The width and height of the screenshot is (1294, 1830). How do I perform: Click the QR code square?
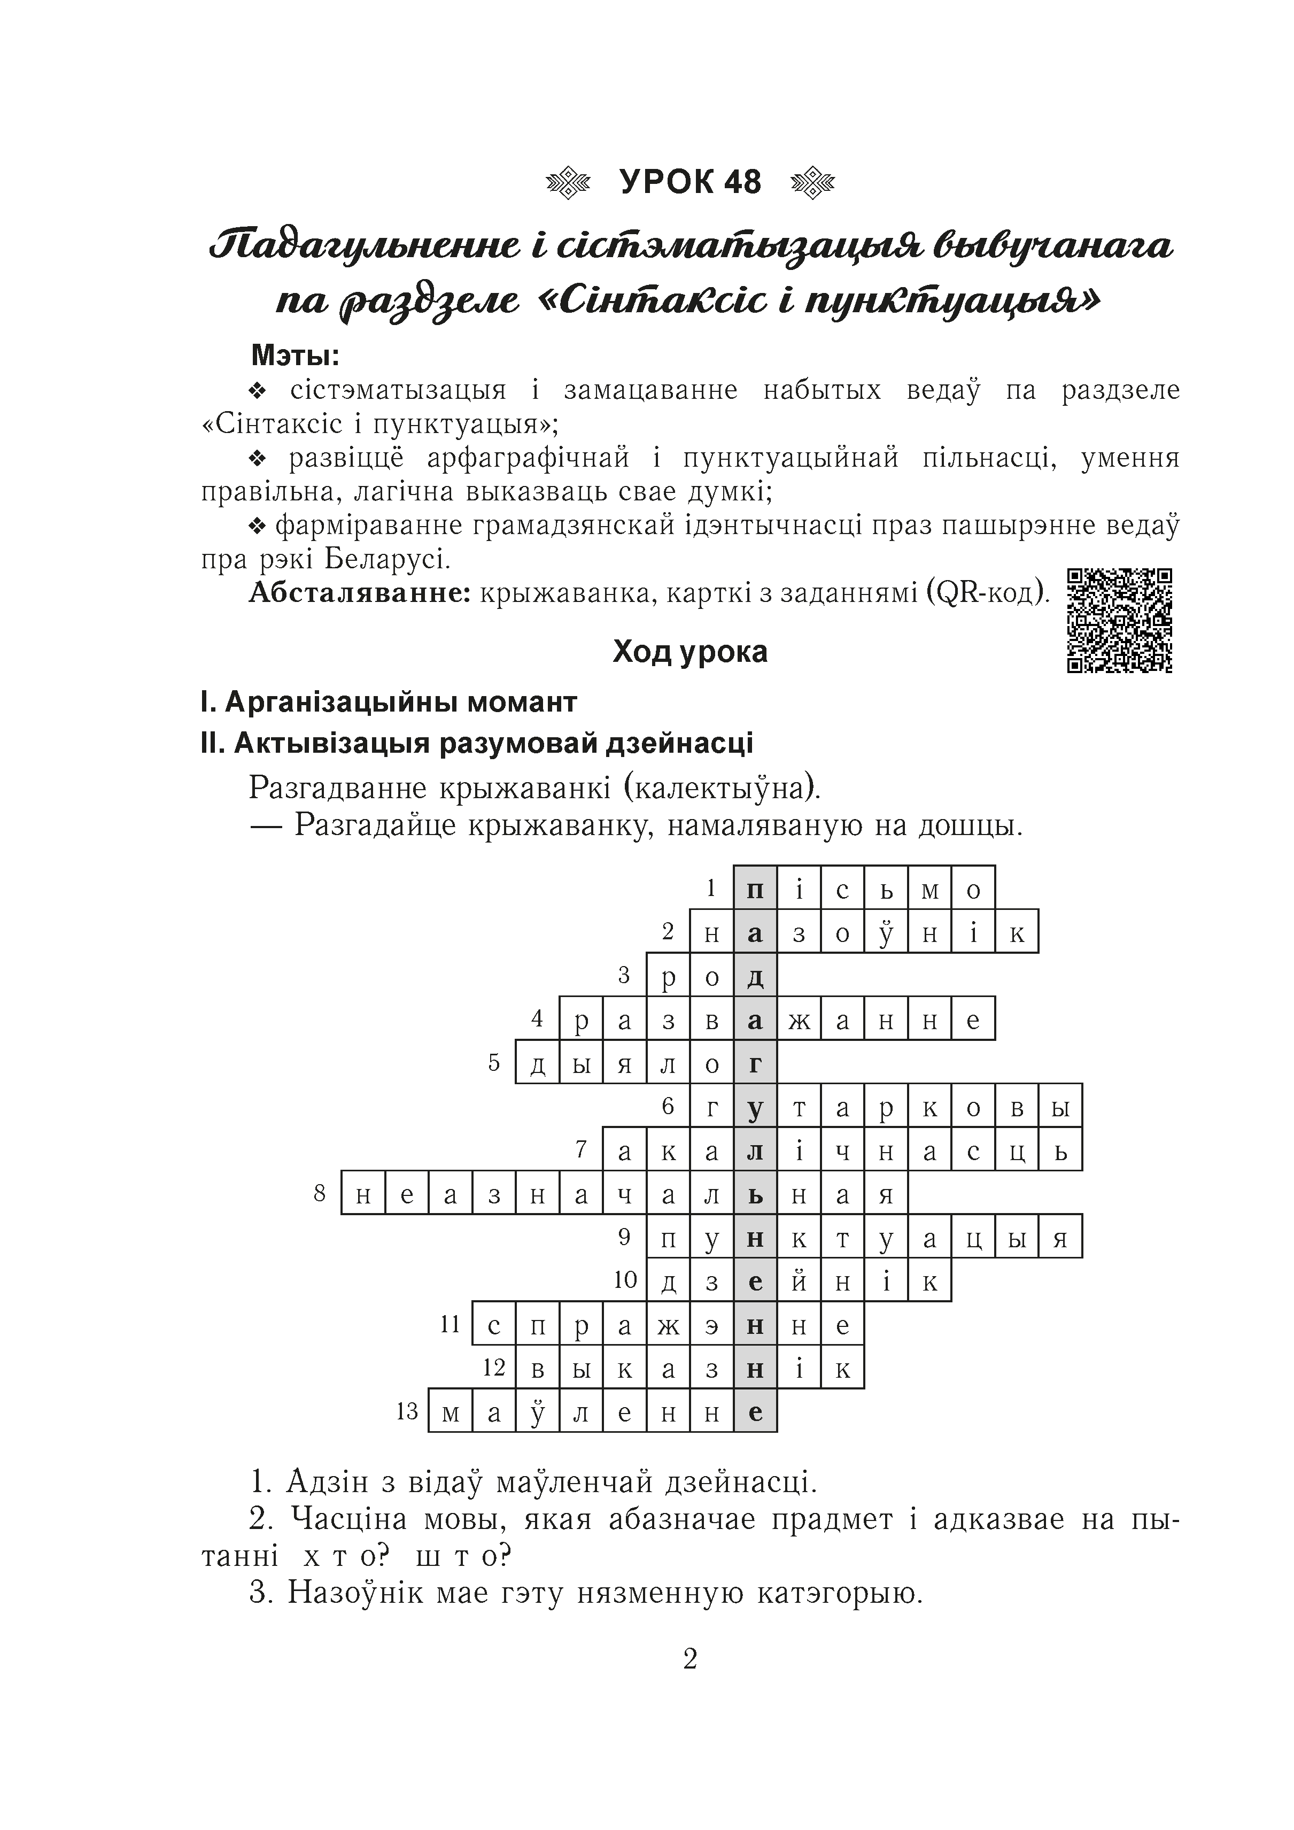pyautogui.click(x=1120, y=620)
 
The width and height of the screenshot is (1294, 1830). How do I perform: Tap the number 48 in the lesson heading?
pyautogui.click(x=742, y=182)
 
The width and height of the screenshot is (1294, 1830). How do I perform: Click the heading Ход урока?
pyautogui.click(x=690, y=652)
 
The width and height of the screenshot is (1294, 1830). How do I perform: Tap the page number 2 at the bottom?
pyautogui.click(x=690, y=1658)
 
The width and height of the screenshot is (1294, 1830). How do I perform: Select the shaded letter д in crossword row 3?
pyautogui.click(x=755, y=976)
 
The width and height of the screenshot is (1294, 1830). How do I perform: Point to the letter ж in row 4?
pyautogui.click(x=799, y=1020)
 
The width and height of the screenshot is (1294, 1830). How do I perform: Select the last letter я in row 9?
pyautogui.click(x=1060, y=1237)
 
